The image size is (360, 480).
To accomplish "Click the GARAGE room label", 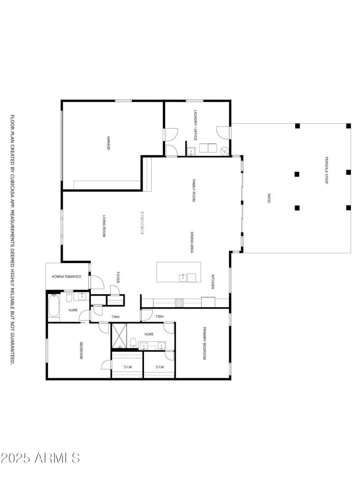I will point(108,143).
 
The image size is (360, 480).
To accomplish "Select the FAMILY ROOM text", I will point(194,190).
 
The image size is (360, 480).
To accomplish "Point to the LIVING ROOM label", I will point(103,226).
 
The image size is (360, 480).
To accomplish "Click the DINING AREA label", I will point(192,243).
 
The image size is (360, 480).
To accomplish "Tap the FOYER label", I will point(118,277).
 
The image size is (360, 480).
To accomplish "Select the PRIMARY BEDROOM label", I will point(204,343).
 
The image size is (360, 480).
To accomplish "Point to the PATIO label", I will point(269,198).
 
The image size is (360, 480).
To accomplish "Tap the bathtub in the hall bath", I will point(54,306).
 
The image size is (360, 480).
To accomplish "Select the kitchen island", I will point(176,273).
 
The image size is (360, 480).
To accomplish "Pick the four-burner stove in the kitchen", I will point(179,303).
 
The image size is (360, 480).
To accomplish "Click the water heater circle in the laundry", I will point(224,149).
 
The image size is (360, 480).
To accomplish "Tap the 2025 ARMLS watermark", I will point(40,458).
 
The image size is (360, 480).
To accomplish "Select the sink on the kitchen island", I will point(183,277).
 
